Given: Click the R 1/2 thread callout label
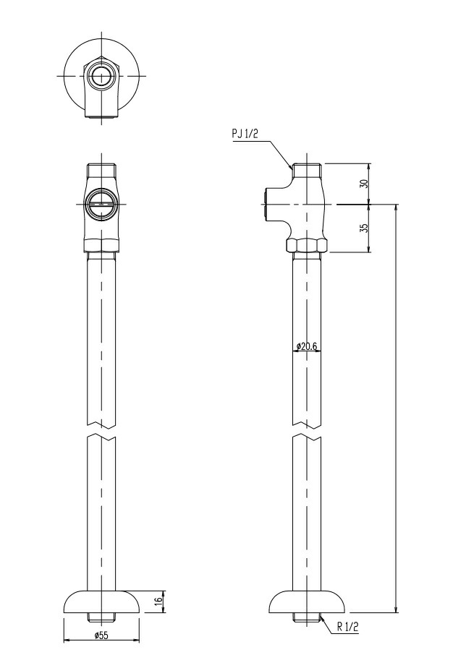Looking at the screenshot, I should coord(348,628).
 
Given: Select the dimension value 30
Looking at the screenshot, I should coord(364,184).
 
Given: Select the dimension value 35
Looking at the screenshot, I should coord(364,228).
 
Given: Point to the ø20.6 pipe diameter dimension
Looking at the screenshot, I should coord(308,347).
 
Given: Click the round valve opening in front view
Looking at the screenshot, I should coord(101,204).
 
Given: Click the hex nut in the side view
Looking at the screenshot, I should coord(308,245).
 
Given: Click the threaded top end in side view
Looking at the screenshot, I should coord(308,172).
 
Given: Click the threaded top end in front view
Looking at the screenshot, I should coord(101,172).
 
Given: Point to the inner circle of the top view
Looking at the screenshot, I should coord(101,75).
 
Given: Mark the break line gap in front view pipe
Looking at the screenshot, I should coord(101,432).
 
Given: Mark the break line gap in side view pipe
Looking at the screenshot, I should coord(308,432).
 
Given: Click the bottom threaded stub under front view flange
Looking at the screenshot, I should coord(101,618).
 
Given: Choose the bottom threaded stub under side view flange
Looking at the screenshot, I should coord(308,618).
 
